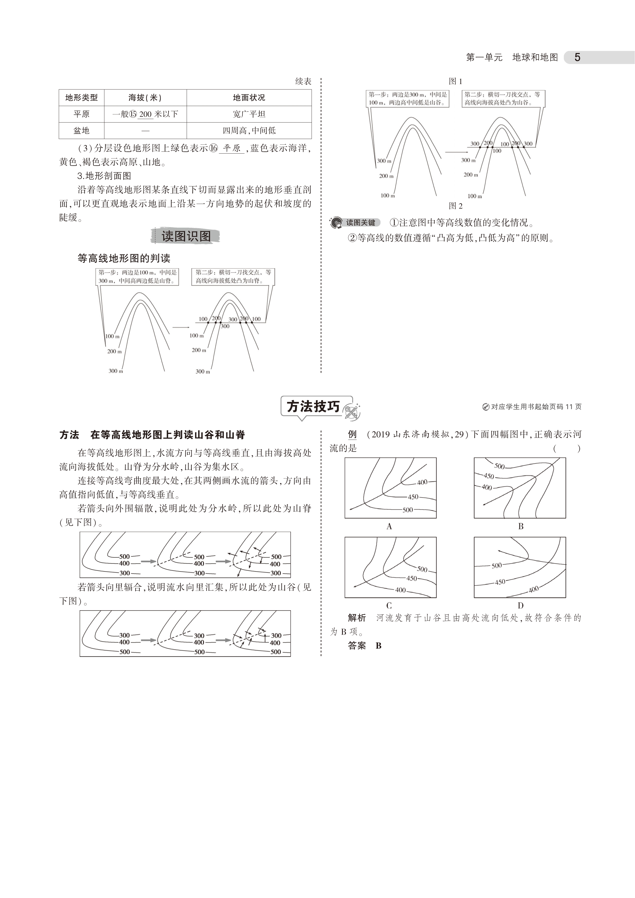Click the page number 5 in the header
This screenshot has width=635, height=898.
click(x=577, y=58)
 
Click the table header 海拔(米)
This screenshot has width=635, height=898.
click(x=145, y=98)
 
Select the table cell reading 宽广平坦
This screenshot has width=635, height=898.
click(x=249, y=114)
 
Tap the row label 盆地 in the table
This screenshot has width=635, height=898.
click(x=81, y=131)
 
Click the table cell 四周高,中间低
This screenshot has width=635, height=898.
click(x=249, y=131)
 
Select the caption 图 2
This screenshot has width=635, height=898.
click(x=456, y=206)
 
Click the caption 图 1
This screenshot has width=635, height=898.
click(x=456, y=81)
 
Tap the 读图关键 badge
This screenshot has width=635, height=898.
click(x=360, y=222)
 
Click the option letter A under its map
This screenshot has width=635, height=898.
click(x=389, y=527)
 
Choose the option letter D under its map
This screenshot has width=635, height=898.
click(x=520, y=606)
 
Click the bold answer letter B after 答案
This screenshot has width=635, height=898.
click(x=378, y=646)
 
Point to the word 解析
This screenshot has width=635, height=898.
click(x=357, y=618)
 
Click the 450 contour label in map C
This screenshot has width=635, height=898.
click(x=411, y=578)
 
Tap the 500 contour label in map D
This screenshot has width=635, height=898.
click(x=496, y=565)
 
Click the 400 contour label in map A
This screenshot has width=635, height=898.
click(x=422, y=482)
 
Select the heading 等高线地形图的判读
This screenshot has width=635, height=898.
click(x=124, y=259)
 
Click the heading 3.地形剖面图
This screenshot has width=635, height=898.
click(x=104, y=176)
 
